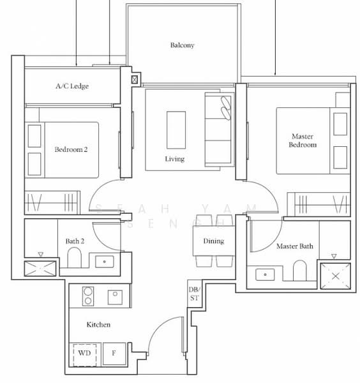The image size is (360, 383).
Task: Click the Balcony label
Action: tap(182, 45)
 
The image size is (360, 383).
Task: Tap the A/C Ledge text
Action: tap(71, 86)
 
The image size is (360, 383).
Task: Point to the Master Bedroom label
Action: tap(303, 140)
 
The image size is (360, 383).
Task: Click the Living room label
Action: tap(174, 159)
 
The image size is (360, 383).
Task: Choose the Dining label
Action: tap(213, 241)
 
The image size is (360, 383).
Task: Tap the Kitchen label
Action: tap(98, 325)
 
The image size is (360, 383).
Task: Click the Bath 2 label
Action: tap(75, 241)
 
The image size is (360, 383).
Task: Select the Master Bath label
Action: tap(294, 246)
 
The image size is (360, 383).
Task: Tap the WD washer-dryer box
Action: tap(84, 353)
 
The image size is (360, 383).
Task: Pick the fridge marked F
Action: tap(114, 353)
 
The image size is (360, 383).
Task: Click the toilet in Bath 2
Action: tap(73, 259)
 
